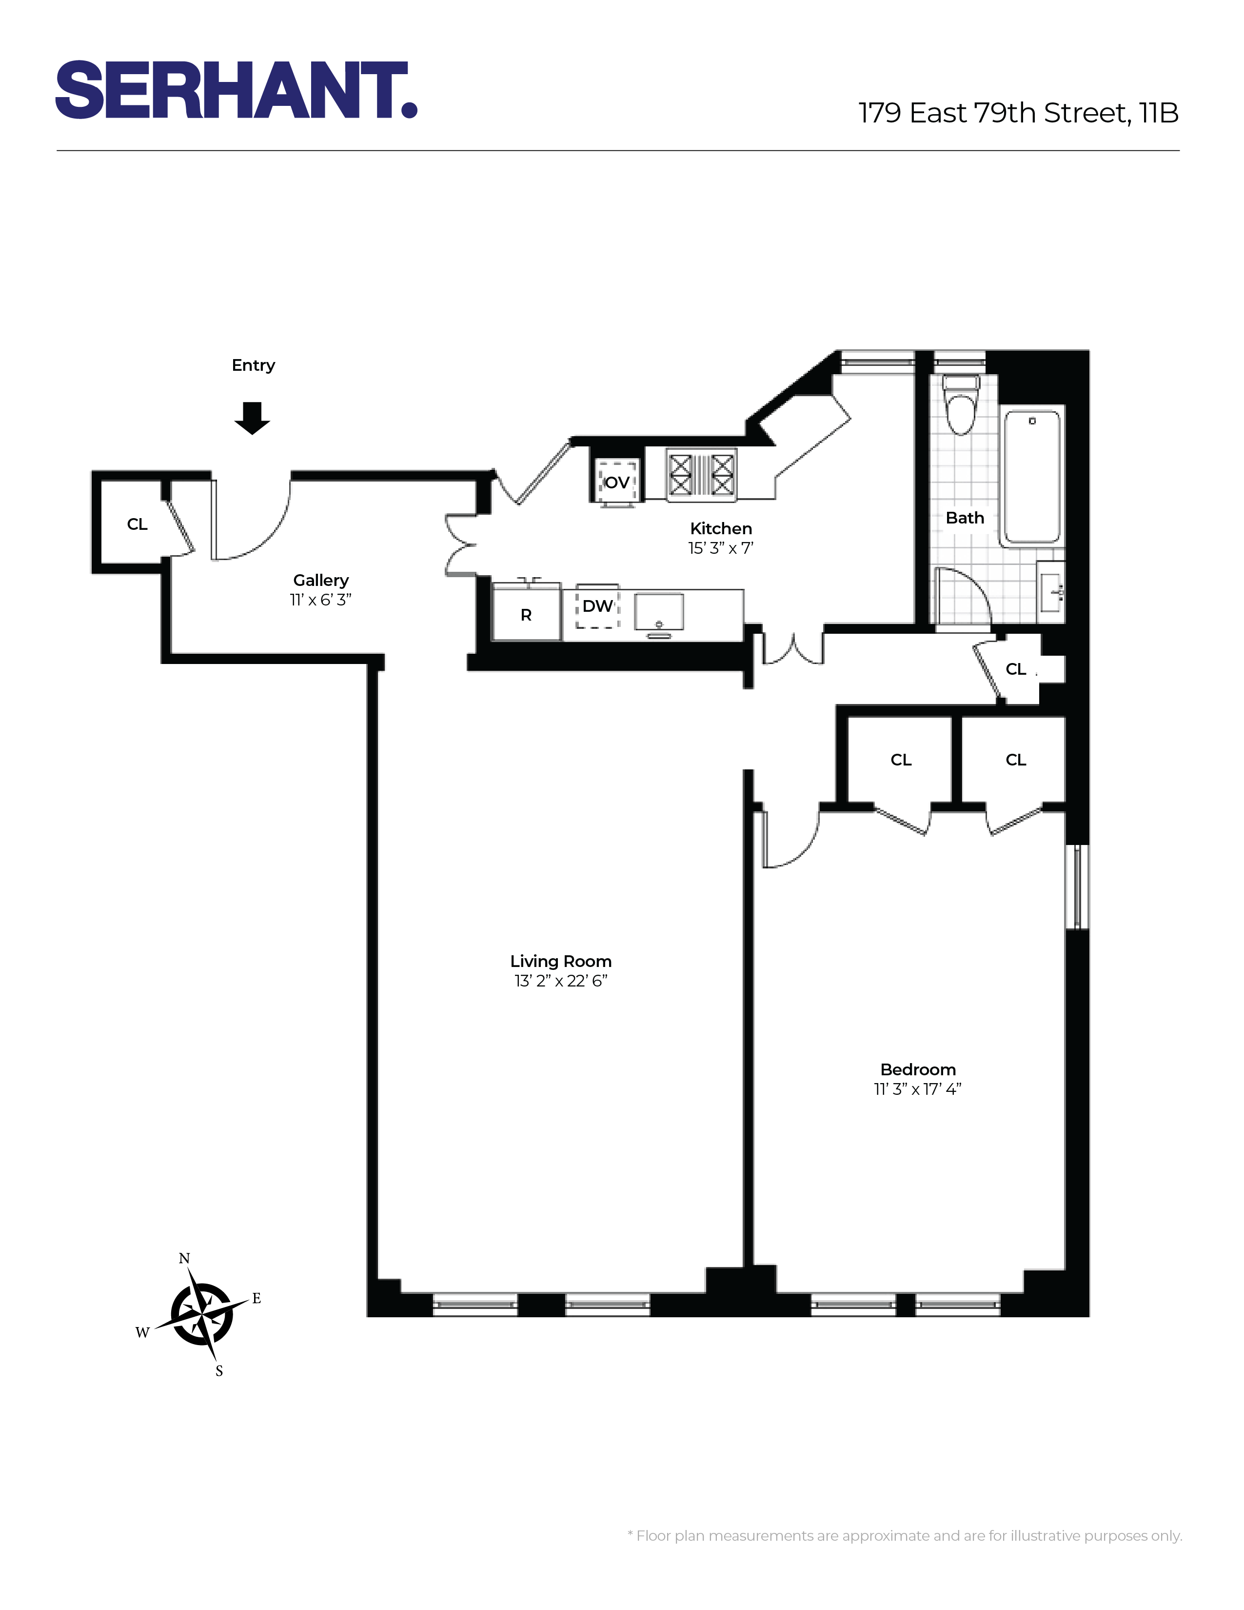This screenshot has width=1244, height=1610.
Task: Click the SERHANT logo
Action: pyautogui.click(x=236, y=90)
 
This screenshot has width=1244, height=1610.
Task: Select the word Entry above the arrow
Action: pyautogui.click(x=253, y=365)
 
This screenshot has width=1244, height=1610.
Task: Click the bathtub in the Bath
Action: pyautogui.click(x=1032, y=478)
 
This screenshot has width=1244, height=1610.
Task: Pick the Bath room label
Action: pyautogui.click(x=965, y=518)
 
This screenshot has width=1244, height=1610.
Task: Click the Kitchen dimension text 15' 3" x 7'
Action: pyautogui.click(x=721, y=548)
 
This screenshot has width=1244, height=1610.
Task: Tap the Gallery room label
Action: pyautogui.click(x=320, y=581)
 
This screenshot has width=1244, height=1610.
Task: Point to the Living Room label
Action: pyautogui.click(x=561, y=961)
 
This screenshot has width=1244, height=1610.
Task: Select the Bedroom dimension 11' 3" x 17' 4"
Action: pyautogui.click(x=918, y=1089)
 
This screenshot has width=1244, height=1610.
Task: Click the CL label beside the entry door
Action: pyautogui.click(x=137, y=524)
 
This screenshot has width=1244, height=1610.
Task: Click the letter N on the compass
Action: pyautogui.click(x=184, y=1259)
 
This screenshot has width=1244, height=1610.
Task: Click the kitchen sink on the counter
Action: pyautogui.click(x=659, y=611)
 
